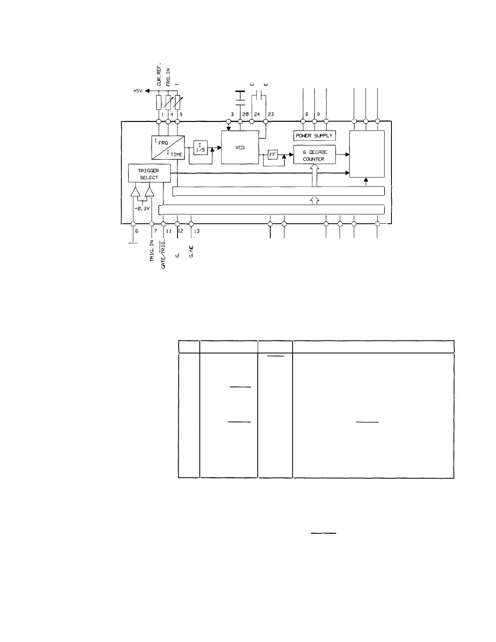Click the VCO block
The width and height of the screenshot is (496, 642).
coord(240,148)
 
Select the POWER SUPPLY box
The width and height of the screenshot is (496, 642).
coord(314,136)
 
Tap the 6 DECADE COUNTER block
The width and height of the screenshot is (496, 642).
coord(314,156)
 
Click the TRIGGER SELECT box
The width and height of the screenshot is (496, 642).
coord(149,174)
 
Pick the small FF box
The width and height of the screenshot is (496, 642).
coord(272,154)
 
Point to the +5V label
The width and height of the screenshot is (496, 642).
coord(138,91)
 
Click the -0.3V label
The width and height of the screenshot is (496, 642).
coord(142,209)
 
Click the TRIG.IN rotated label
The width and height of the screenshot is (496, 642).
coord(152,250)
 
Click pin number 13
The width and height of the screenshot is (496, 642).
coord(197,231)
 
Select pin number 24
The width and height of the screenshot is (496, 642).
coord(257,114)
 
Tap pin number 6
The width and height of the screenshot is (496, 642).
coord(137,231)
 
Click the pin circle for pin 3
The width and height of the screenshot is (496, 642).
coord(229,121)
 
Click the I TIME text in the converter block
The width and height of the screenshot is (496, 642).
coord(175,154)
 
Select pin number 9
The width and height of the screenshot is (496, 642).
coord(318,114)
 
